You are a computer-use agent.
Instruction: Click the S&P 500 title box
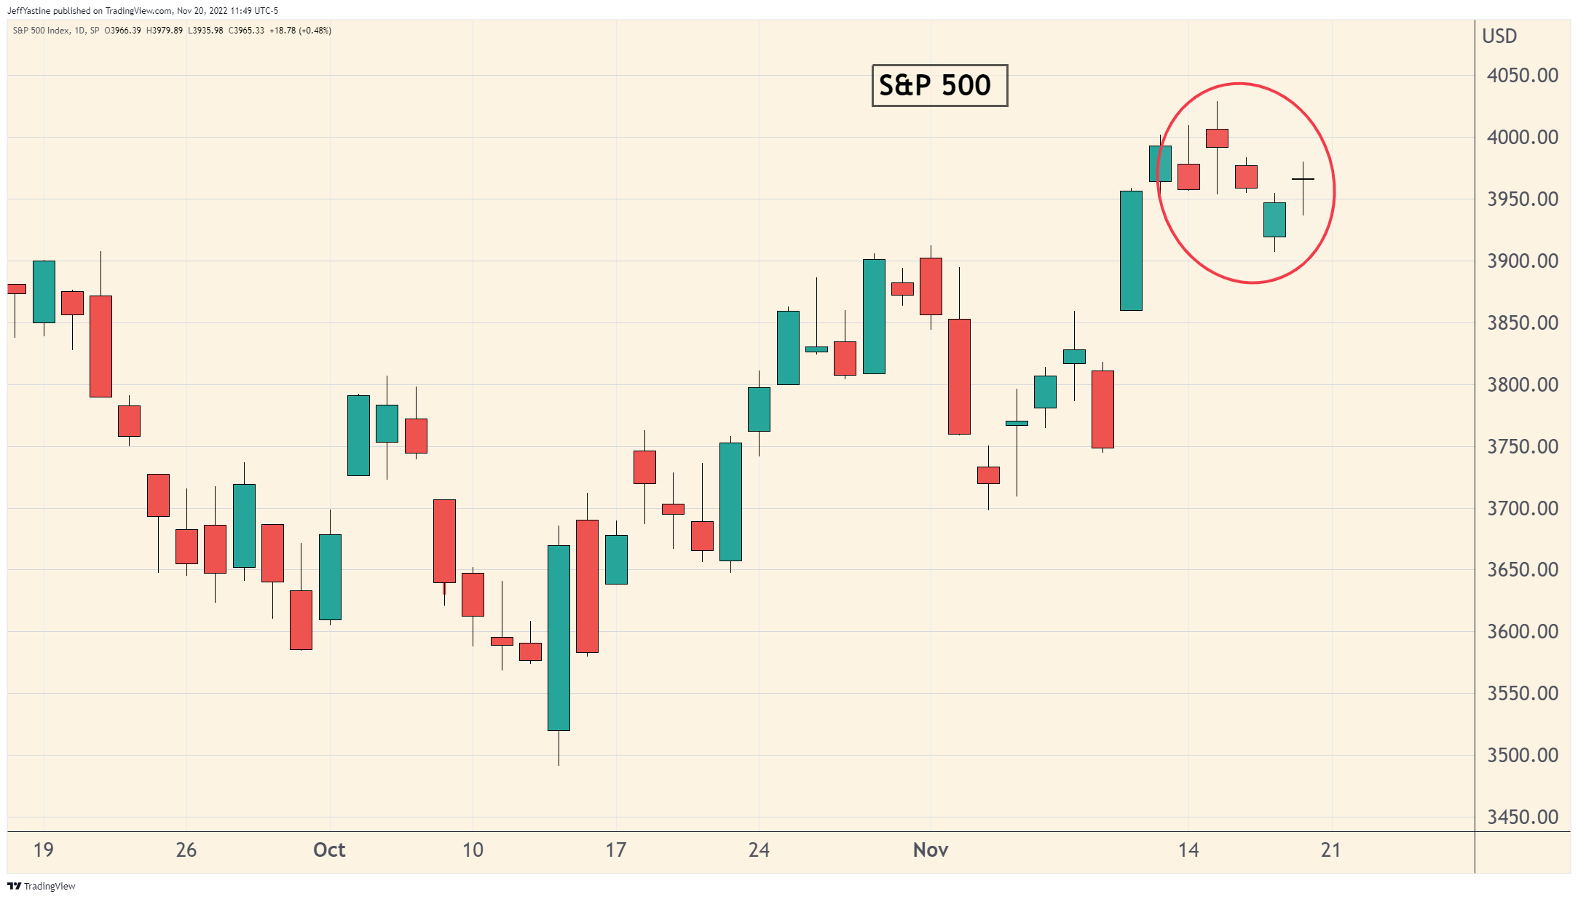939,85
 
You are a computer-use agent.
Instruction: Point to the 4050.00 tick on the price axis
1522,76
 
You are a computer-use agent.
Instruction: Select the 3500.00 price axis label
1522,756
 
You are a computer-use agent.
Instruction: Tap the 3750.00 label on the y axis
1522,447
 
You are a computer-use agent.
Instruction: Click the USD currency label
1499,36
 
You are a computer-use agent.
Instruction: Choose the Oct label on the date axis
329,850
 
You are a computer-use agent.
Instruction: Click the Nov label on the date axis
930,850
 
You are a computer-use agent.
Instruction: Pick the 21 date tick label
1330,850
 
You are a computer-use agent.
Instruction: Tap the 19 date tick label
44,850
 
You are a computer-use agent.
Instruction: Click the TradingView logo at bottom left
42,886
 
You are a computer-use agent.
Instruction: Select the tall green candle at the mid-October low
559,638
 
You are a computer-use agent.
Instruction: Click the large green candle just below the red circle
1131,250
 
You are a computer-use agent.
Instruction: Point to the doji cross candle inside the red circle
1303,179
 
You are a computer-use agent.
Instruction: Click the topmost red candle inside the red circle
1217,138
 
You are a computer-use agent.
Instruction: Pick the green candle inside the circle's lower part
1274,219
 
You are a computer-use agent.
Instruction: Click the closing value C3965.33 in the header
246,31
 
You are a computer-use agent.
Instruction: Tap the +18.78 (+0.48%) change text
300,31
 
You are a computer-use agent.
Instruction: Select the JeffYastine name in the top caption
28,11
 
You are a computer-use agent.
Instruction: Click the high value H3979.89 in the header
165,31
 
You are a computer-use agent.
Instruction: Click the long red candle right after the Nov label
959,376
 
